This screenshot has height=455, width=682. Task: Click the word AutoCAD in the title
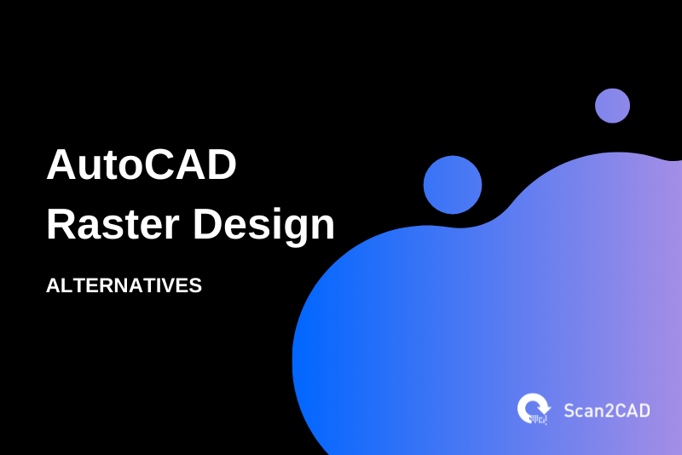(x=141, y=165)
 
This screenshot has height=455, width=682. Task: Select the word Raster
(x=110, y=225)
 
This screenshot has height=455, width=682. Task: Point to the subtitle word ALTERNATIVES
(x=124, y=285)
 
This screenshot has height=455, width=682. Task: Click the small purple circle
(x=612, y=106)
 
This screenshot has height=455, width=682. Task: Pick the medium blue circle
(x=453, y=185)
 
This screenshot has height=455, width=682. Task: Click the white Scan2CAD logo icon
(x=534, y=409)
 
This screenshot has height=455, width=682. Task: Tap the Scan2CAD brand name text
(x=606, y=410)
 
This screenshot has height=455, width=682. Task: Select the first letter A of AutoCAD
(x=61, y=165)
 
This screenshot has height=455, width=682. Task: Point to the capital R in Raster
(x=61, y=225)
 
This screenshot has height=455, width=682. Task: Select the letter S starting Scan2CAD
(x=569, y=410)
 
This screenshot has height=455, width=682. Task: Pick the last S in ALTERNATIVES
(x=195, y=285)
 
